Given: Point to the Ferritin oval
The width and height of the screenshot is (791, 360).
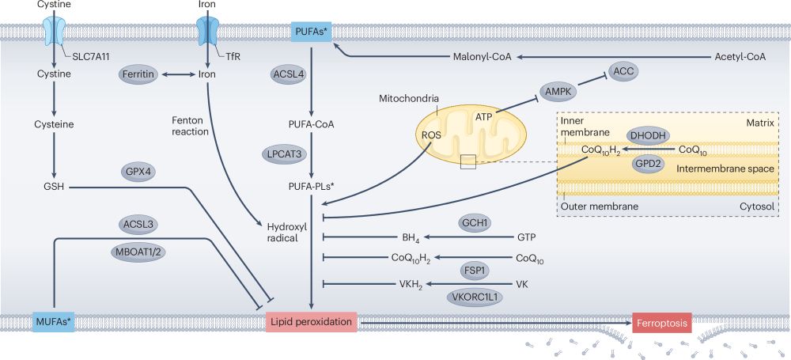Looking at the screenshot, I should pos(139,74).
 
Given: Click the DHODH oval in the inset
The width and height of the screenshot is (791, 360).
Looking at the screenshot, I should pos(649,135).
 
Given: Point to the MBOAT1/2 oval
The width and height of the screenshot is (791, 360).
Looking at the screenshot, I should pos(139,252).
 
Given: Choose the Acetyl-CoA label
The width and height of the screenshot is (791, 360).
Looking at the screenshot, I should pos(740,58).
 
